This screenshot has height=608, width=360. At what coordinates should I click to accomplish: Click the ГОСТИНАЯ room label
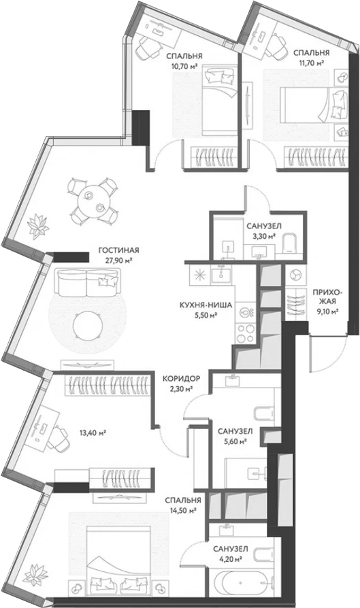coord(118,250)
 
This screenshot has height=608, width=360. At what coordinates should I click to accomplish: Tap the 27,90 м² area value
coord(118,260)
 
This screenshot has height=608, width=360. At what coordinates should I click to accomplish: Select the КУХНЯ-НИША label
coord(206,305)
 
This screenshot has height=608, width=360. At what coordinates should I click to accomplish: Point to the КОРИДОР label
coord(181,378)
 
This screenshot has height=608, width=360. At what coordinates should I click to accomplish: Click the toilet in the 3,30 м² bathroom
coord(289,244)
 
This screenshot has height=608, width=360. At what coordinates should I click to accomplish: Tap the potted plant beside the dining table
coord(39,226)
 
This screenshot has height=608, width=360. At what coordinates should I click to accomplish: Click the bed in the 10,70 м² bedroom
coord(219,101)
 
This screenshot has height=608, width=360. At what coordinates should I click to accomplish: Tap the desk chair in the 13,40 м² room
coord(59,437)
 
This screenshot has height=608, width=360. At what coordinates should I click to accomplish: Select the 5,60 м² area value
coord(235,441)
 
